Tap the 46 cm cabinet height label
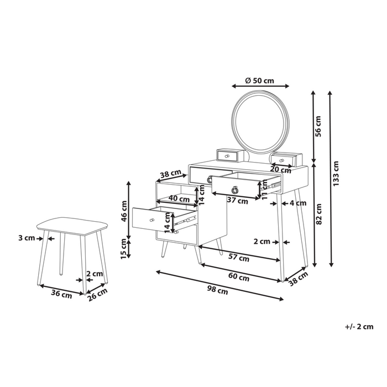click(125, 210)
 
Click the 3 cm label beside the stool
click(27, 238)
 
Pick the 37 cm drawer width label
click(238, 201)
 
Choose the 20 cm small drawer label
click(281, 170)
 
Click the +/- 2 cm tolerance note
click(359, 327)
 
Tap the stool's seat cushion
click(71, 224)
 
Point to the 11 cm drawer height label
click(265, 190)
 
